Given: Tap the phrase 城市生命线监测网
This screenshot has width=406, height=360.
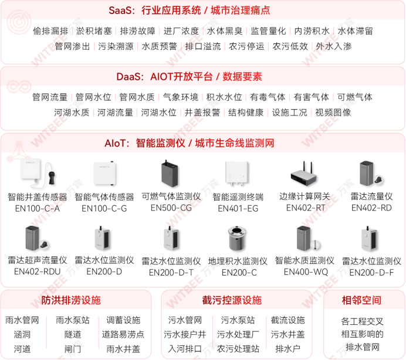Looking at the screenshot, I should point(235,143).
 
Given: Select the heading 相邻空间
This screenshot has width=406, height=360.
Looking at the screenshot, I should point(361,300).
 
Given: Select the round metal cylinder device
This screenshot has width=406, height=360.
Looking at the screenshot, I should point(238,239).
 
